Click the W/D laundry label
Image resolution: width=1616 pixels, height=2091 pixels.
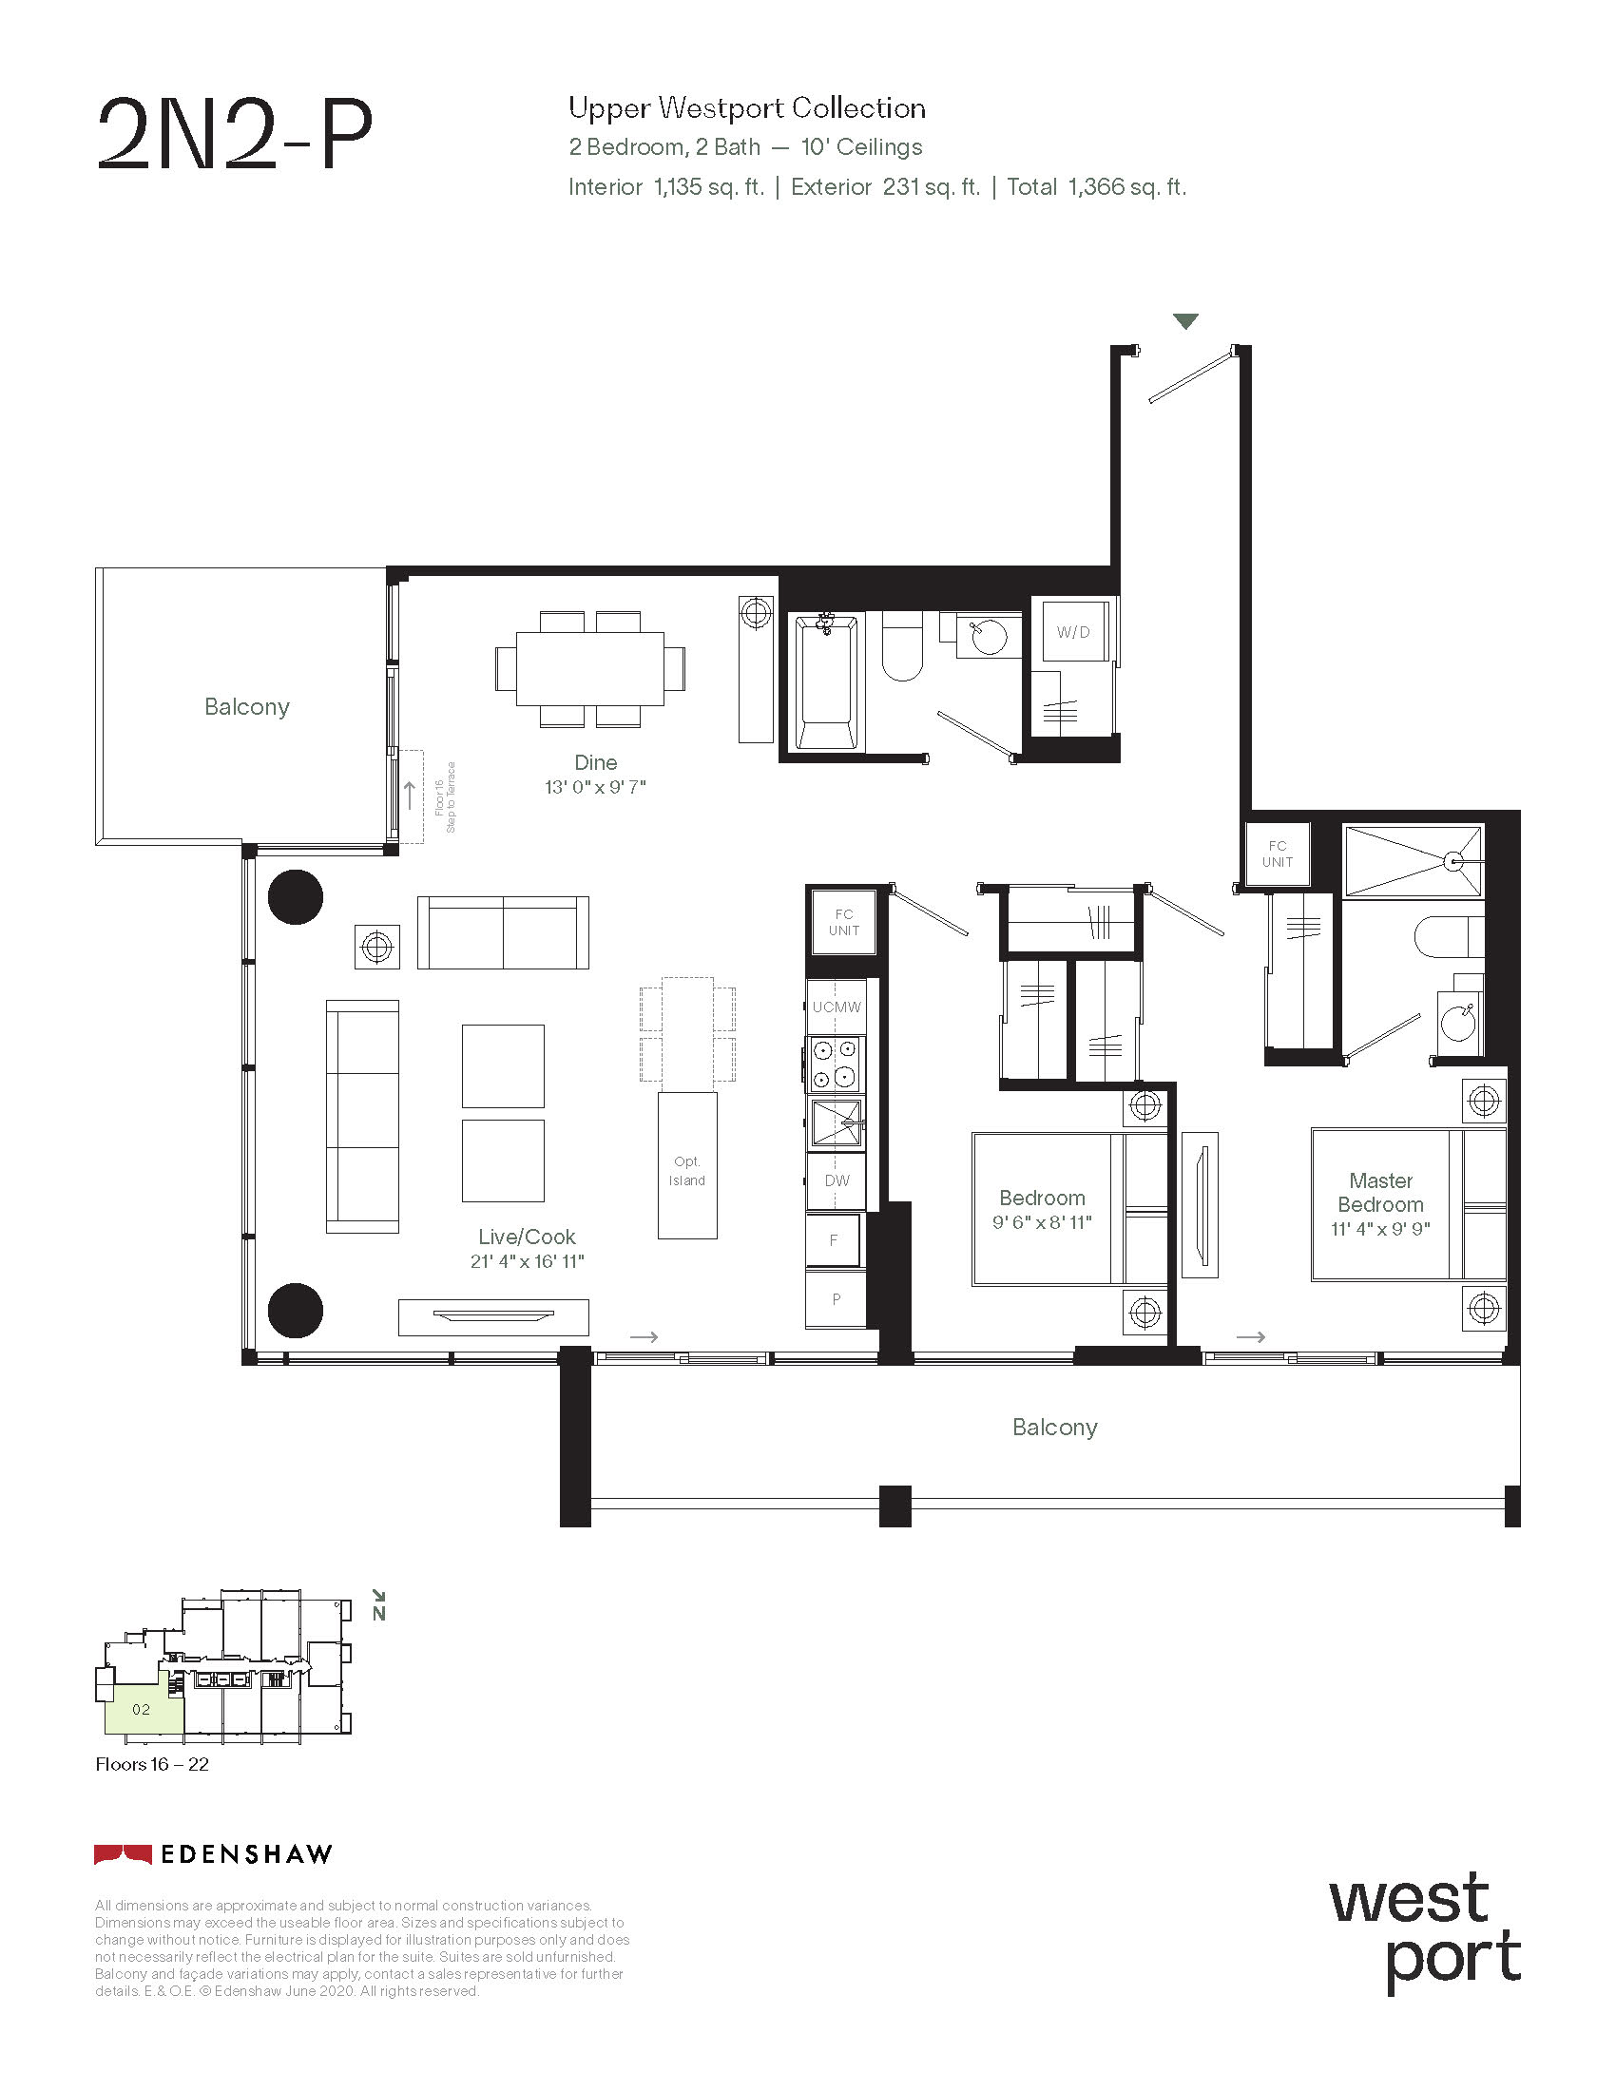coord(1072,632)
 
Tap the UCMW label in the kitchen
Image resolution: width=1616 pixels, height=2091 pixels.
coord(837,1007)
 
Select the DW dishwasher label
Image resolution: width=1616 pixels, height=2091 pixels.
coord(837,1180)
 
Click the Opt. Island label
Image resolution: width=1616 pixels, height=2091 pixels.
coord(687,1171)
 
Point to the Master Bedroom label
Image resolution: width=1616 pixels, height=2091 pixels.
coord(1380,1193)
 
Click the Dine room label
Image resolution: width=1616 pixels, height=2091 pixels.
coord(595,762)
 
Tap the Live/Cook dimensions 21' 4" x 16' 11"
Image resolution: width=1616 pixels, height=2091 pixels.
coord(528,1262)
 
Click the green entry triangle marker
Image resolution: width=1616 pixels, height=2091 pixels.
coord(1186,321)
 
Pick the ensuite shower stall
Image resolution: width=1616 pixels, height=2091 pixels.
coord(1413,862)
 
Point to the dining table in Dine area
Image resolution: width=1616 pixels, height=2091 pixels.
coord(589,668)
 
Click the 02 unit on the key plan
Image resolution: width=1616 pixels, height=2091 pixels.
coord(143,1709)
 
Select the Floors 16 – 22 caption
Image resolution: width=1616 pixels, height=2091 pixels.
coord(152,1765)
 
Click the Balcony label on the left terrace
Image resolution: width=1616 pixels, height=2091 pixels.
coord(247,706)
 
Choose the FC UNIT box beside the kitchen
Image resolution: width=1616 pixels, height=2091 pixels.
coord(843,922)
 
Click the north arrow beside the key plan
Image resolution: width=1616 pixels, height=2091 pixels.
coord(379,1605)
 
